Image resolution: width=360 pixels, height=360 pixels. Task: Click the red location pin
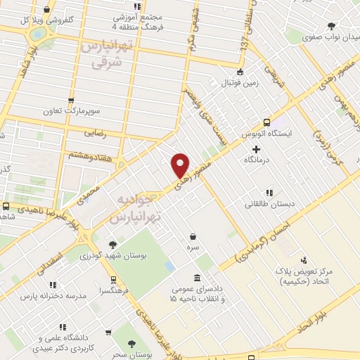click(x=181, y=165)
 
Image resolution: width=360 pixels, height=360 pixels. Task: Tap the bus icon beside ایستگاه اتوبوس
click(x=266, y=120)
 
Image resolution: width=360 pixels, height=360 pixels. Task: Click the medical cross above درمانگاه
click(x=256, y=149)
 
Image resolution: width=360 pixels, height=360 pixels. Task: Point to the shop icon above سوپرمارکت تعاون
click(x=70, y=101)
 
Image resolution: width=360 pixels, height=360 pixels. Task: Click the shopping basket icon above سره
click(x=192, y=237)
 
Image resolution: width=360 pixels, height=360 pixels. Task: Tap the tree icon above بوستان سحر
click(x=131, y=343)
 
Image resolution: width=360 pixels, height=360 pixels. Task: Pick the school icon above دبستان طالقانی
click(x=268, y=192)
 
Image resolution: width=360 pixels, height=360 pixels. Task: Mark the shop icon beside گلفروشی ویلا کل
click(x=46, y=10)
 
